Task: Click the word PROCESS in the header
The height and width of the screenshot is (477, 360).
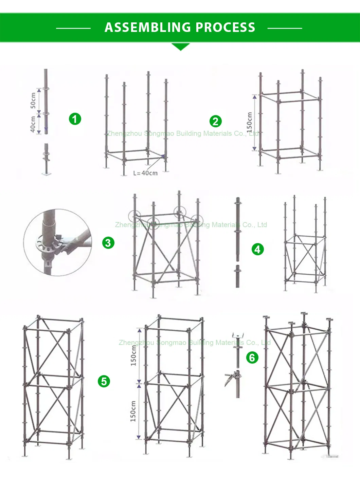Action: coord(226,27)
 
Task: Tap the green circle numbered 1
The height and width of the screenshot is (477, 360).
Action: coord(75,119)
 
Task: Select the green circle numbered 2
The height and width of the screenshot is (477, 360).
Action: coord(215,121)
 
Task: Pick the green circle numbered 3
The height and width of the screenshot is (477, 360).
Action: coord(108,243)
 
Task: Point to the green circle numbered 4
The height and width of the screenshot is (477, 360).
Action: coord(257,250)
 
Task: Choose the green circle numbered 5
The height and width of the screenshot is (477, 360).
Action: coord(104,381)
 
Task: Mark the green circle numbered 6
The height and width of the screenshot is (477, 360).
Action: coord(252,357)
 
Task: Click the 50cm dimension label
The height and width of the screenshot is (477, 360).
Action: coord(33,100)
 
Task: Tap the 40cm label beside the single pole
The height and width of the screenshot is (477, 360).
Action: coord(33,124)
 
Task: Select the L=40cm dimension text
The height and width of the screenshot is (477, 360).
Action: coord(145,173)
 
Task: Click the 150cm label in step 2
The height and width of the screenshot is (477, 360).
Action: coord(250,122)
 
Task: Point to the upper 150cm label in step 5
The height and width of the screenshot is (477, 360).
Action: coord(133,355)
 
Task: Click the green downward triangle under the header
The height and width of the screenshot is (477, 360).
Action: coord(180,47)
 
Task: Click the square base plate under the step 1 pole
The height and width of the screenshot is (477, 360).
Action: coord(47,174)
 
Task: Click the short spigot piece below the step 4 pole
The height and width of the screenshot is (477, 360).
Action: coord(237,276)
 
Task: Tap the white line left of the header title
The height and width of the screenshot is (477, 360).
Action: coord(73,28)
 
